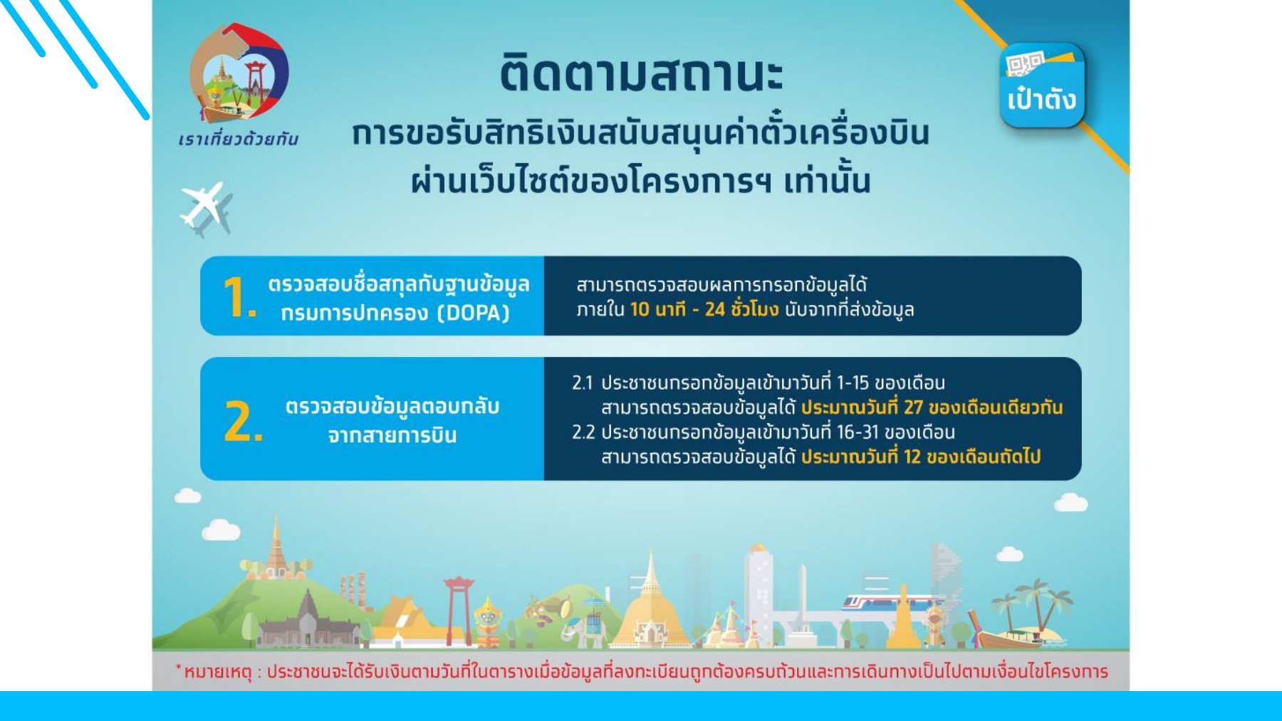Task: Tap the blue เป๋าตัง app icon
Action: (x=1041, y=85)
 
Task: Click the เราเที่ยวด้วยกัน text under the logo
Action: (x=239, y=140)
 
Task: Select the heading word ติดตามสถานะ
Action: (x=641, y=73)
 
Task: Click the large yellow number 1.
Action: (x=236, y=297)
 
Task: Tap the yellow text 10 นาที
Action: (x=657, y=309)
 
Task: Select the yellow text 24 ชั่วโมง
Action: (x=741, y=309)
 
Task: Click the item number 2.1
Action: (x=582, y=383)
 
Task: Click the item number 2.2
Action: (x=583, y=432)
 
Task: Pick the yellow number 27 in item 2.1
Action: (x=913, y=408)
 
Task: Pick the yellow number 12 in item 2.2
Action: (x=912, y=457)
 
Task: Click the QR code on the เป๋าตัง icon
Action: (x=1023, y=64)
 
